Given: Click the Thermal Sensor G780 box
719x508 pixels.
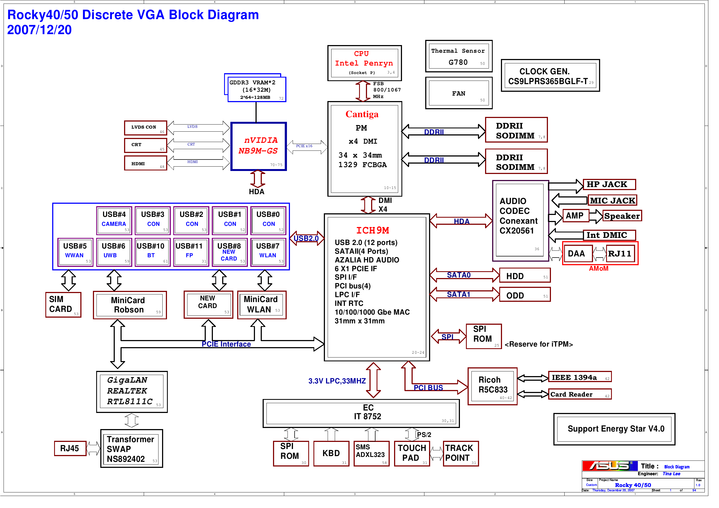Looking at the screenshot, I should click(x=459, y=56).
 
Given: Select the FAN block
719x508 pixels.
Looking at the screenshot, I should click(x=459, y=93).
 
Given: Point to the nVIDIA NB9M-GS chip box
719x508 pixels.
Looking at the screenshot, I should click(x=259, y=146).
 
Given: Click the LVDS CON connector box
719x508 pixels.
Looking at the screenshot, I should click(x=146, y=128).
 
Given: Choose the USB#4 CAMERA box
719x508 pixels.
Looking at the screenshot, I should click(x=114, y=220).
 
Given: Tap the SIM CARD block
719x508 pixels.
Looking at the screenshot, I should click(x=63, y=305).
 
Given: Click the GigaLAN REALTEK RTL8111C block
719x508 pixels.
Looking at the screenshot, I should click(x=131, y=392).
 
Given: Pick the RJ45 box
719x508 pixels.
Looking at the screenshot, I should click(x=70, y=448).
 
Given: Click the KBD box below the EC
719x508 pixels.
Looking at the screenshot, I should click(x=331, y=454).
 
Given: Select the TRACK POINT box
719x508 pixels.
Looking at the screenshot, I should click(x=461, y=454).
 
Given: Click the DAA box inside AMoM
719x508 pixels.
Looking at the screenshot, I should click(x=577, y=253).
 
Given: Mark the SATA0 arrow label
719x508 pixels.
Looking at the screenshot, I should click(x=459, y=275).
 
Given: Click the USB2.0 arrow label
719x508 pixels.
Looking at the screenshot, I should click(x=306, y=238).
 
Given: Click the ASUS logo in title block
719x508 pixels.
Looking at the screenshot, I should click(x=609, y=466).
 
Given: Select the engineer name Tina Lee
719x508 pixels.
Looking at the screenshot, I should click(x=671, y=474).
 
